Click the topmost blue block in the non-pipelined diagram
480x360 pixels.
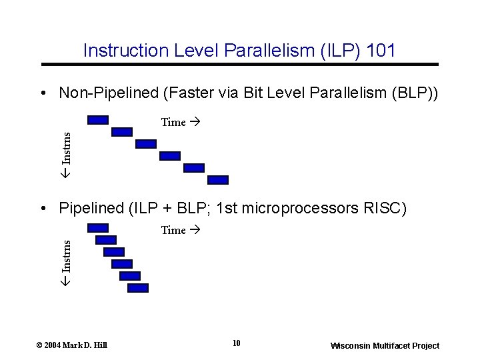[x=98, y=120]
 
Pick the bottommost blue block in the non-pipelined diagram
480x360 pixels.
[x=218, y=180]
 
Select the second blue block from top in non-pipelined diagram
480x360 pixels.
[x=122, y=132]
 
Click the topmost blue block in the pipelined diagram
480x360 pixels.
[x=98, y=228]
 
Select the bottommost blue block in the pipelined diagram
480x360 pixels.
[x=138, y=288]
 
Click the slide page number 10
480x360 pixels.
[x=237, y=344]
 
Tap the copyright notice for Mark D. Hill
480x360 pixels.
[x=71, y=345]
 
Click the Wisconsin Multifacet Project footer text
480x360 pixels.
[x=385, y=345]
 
